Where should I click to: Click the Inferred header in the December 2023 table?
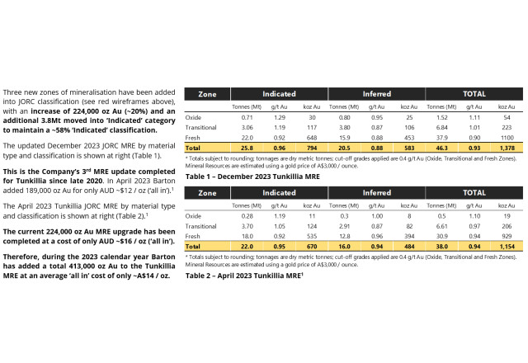(376, 93)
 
